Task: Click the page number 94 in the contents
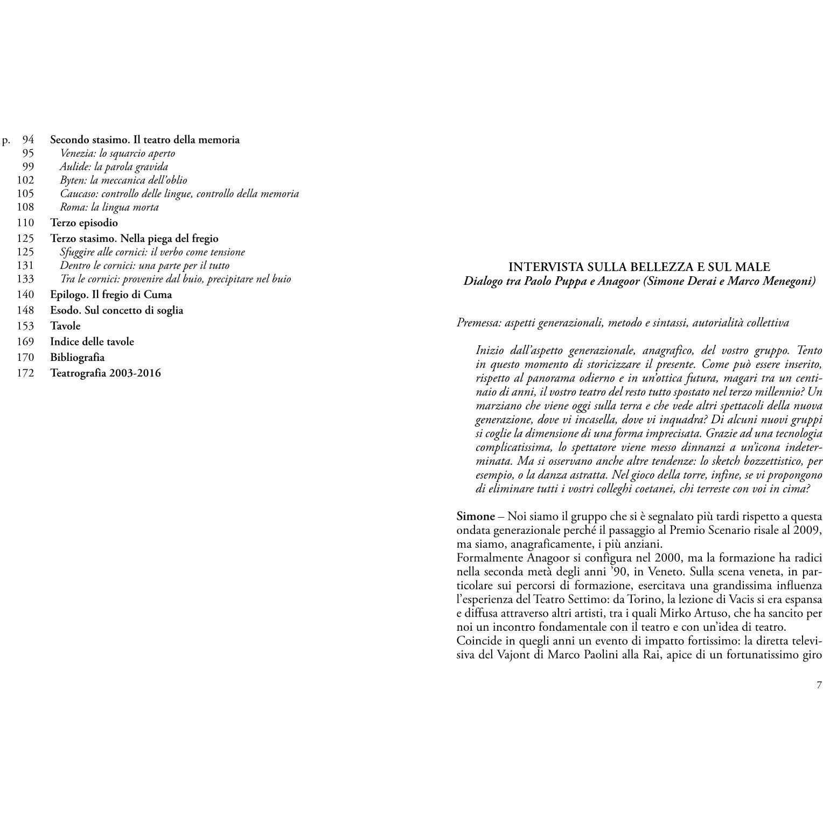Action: click(28, 140)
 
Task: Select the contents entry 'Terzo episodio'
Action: click(84, 223)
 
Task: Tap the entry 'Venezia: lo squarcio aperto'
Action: click(117, 154)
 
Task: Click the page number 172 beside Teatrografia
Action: click(25, 373)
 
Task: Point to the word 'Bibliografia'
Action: click(78, 358)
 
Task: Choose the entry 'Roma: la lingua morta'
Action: click(109, 207)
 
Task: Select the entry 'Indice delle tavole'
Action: click(92, 342)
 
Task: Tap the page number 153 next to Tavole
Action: click(25, 326)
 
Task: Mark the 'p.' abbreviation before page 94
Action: click(6, 141)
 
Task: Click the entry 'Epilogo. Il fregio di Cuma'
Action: click(111, 295)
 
